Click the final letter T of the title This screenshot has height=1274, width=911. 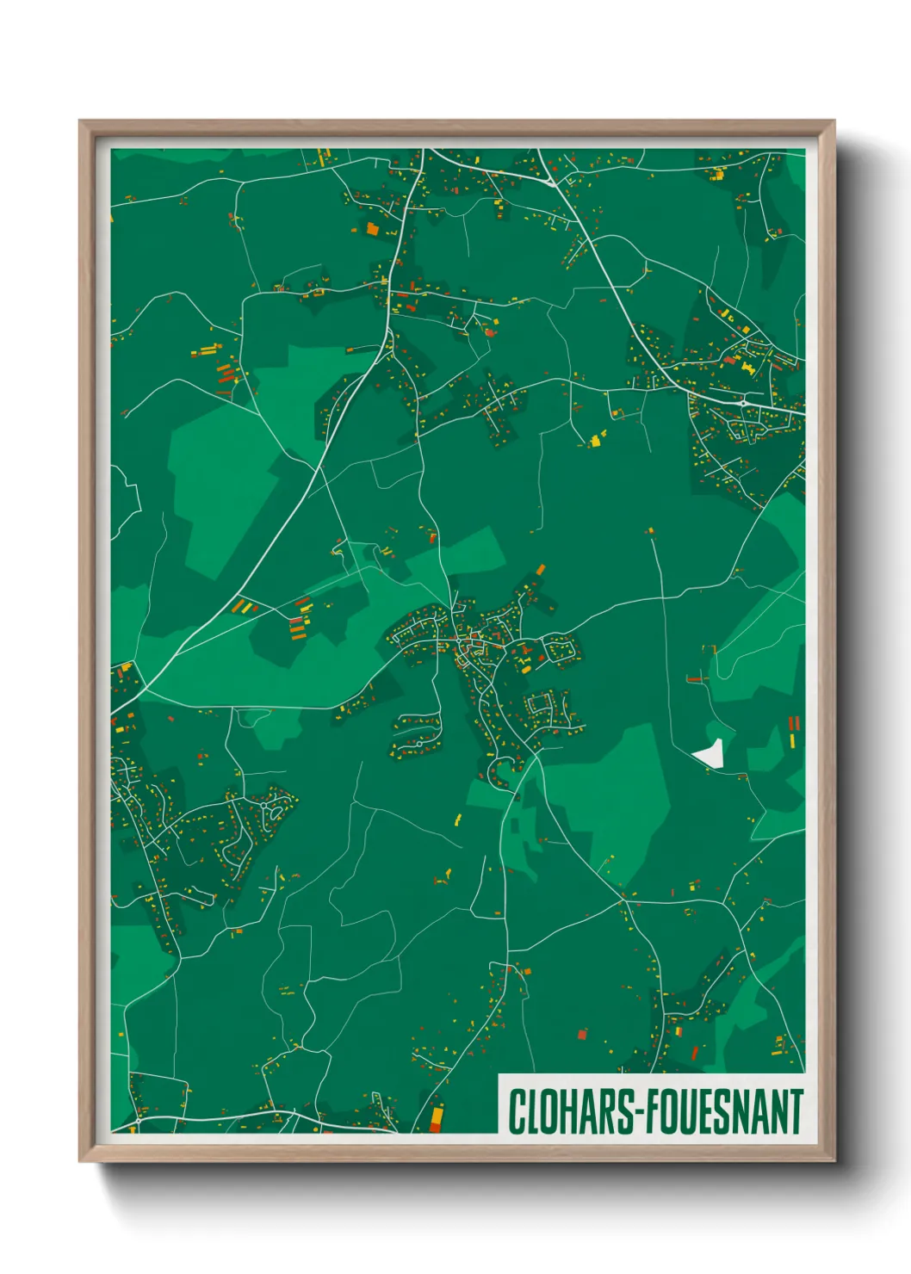[x=796, y=1111]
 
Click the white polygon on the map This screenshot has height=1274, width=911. [x=710, y=754]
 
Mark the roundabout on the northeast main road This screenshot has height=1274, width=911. [x=743, y=402]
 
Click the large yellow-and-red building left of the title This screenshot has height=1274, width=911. [x=436, y=1116]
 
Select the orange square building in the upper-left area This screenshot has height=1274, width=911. [x=372, y=228]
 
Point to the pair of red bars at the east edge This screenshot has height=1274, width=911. [x=794, y=723]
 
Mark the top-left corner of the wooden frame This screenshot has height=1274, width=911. [x=80, y=122]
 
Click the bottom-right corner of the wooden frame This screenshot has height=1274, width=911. [x=834, y=1160]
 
